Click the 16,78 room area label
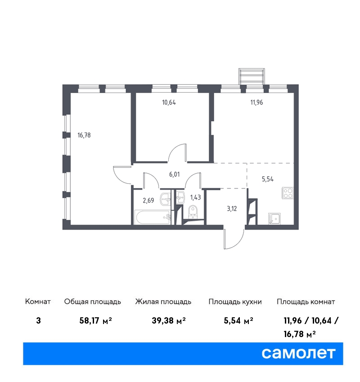84,135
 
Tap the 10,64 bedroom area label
169,102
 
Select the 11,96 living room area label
256,102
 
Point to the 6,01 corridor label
175,174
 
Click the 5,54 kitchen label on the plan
268,179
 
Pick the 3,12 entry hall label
232,209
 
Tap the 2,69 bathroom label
148,200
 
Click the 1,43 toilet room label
195,197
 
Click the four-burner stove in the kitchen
288,193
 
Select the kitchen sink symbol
274,218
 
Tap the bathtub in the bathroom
153,218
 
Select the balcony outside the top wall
252,76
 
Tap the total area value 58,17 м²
95,320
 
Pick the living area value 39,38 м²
169,320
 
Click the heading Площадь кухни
235,302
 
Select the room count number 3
38,320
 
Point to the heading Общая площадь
92,302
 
